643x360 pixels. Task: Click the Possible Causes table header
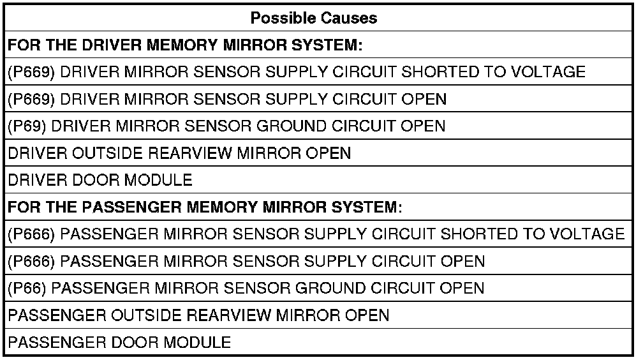(x=313, y=18)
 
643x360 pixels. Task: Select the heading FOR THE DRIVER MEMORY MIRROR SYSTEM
(x=185, y=45)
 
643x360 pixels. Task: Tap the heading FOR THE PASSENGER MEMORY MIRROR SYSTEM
(x=204, y=207)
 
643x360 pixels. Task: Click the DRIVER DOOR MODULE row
(x=100, y=180)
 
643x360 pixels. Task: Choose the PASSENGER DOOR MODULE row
(x=119, y=342)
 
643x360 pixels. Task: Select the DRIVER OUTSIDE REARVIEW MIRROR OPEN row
(x=179, y=153)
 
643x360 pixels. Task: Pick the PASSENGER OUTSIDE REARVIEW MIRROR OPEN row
(x=198, y=315)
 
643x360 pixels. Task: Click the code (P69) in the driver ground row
(x=27, y=126)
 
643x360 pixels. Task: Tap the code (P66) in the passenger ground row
(x=27, y=288)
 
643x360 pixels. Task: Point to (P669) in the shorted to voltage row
(x=31, y=72)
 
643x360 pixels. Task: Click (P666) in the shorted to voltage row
(x=31, y=234)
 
